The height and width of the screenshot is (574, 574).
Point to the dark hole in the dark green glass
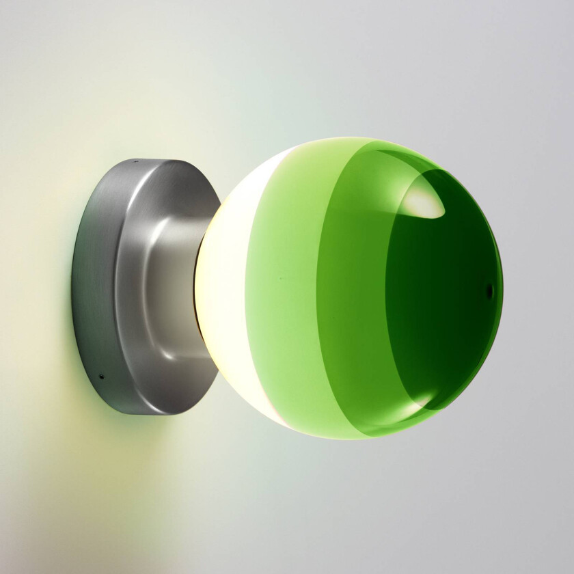click(x=489, y=290)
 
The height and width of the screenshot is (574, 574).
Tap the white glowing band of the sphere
click(x=225, y=287)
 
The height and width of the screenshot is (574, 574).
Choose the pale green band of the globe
click(x=280, y=287)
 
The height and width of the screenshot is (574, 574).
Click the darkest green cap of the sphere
click(x=444, y=301)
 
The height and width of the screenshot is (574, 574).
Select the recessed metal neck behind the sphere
click(x=174, y=287)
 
